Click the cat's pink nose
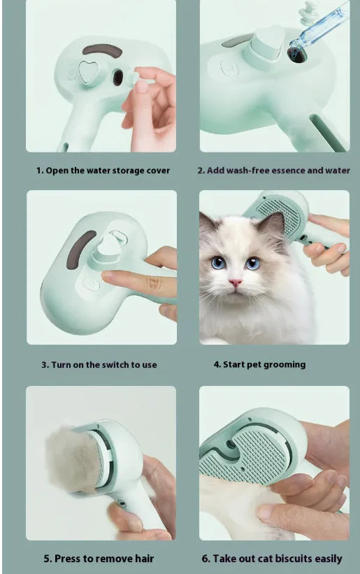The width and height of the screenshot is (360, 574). pyautogui.click(x=235, y=282)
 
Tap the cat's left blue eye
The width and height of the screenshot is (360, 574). pyautogui.click(x=218, y=262)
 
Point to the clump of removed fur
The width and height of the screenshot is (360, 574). pyautogui.click(x=73, y=459)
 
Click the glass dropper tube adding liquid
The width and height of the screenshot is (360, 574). pyautogui.click(x=319, y=28)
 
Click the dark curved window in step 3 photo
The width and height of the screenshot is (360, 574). pyautogui.click(x=80, y=249)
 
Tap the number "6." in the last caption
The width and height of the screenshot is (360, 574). pyautogui.click(x=206, y=559)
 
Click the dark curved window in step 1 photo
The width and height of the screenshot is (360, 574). pyautogui.click(x=102, y=50)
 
